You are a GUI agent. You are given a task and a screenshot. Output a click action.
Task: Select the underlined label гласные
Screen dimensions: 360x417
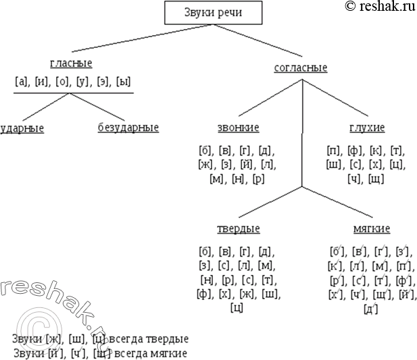[71, 63]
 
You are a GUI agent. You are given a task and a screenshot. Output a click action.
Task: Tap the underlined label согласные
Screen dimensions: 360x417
[301, 68]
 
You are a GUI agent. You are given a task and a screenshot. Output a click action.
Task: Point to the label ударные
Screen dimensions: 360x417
[22, 128]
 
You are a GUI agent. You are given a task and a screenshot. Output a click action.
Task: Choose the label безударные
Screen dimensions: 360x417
[128, 128]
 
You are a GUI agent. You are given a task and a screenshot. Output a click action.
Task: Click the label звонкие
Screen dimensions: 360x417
[238, 128]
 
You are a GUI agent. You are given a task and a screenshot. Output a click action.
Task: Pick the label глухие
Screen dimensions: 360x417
[367, 128]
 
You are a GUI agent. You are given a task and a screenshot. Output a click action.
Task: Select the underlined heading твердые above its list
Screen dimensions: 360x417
[238, 228]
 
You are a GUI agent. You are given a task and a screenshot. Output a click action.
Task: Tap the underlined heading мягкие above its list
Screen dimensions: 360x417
[371, 228]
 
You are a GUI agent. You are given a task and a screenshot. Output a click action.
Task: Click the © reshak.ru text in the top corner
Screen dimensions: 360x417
[380, 7]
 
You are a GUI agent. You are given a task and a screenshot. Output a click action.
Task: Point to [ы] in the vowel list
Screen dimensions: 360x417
[123, 82]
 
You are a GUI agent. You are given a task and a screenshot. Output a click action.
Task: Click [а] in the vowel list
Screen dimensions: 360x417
[21, 82]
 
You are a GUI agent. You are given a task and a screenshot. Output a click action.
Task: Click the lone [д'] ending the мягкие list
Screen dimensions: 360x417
[370, 309]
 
